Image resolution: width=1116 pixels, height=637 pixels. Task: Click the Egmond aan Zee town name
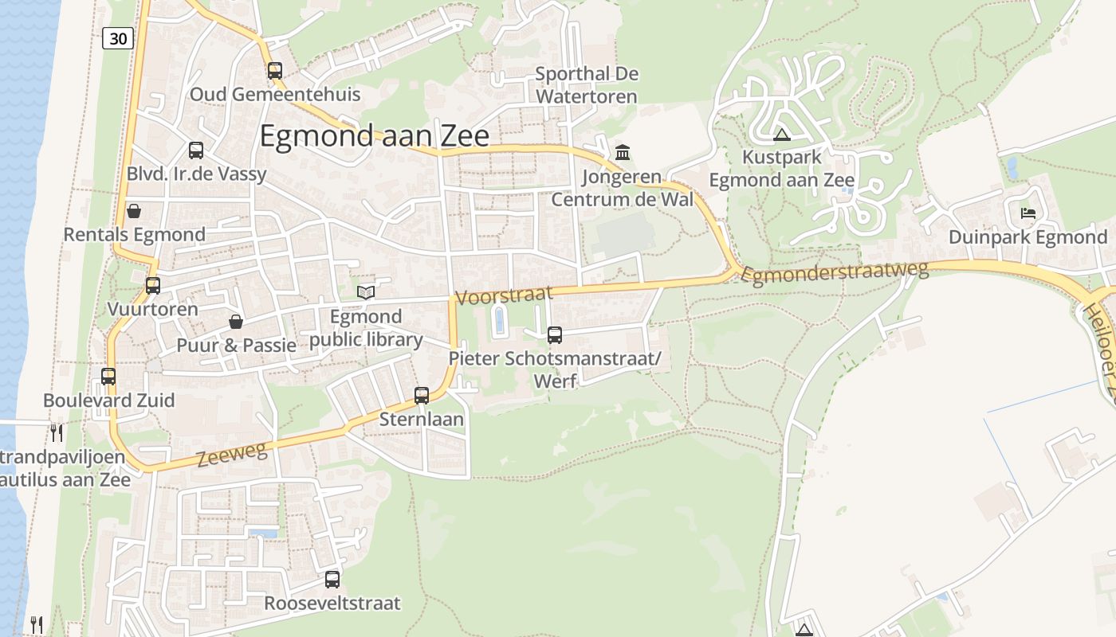[375, 136]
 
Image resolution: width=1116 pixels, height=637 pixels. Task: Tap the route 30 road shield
[117, 37]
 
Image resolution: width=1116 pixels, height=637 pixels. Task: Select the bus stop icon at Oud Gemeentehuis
[275, 70]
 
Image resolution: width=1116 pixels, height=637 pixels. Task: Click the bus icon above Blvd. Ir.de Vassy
[196, 150]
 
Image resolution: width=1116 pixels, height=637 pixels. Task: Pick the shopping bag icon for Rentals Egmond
[134, 211]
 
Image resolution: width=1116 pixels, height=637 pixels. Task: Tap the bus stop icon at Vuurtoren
[153, 285]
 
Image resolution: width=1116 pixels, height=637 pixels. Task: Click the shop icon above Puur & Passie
[236, 322]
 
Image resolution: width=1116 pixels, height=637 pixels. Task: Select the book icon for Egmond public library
[366, 293]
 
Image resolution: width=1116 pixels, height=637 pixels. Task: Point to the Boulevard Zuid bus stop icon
[108, 377]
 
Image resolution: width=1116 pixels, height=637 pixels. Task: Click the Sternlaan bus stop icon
[422, 395]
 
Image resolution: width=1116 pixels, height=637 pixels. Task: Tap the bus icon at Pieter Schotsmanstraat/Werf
[555, 335]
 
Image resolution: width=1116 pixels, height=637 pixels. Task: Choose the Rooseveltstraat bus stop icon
[332, 580]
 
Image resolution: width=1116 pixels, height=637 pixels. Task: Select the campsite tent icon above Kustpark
[781, 134]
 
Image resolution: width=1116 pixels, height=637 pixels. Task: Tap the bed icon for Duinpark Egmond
[1028, 213]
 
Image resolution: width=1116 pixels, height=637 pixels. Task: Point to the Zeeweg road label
[230, 455]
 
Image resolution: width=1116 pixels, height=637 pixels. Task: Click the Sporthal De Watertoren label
[587, 85]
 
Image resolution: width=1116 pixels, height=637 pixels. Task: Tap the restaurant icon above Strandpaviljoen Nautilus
[57, 432]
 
